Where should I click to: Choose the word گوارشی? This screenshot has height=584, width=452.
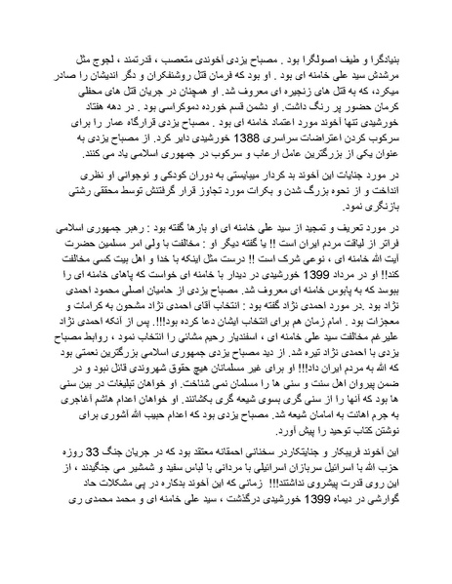click(381, 556)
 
